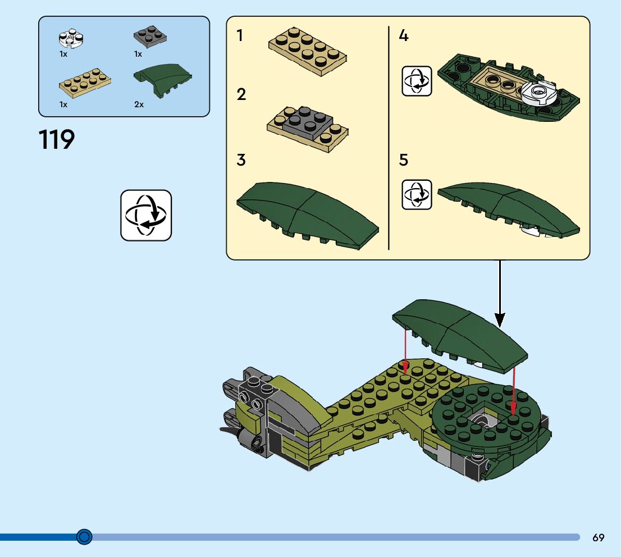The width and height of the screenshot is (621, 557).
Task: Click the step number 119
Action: tap(57, 140)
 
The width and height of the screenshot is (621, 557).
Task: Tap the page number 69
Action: tap(598, 537)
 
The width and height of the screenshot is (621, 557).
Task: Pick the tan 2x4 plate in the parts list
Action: tap(85, 81)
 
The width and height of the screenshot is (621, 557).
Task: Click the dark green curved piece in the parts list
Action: tap(163, 83)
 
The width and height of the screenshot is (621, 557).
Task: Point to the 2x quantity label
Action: tap(139, 104)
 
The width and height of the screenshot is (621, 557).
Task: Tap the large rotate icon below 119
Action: tap(146, 216)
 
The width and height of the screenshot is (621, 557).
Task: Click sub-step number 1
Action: tap(240, 36)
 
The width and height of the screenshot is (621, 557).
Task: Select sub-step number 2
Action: tap(241, 94)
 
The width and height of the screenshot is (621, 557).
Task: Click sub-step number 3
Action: tap(241, 160)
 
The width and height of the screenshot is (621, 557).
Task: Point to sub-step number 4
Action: tap(403, 36)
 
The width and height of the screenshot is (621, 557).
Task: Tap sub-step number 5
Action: tap(403, 160)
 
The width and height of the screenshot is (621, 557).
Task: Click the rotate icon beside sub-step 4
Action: tap(417, 81)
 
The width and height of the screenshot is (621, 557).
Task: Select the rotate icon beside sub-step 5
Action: tap(417, 195)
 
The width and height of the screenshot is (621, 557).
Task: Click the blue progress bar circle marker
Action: tap(84, 537)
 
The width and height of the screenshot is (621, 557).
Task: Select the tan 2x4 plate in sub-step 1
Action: tap(307, 52)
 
